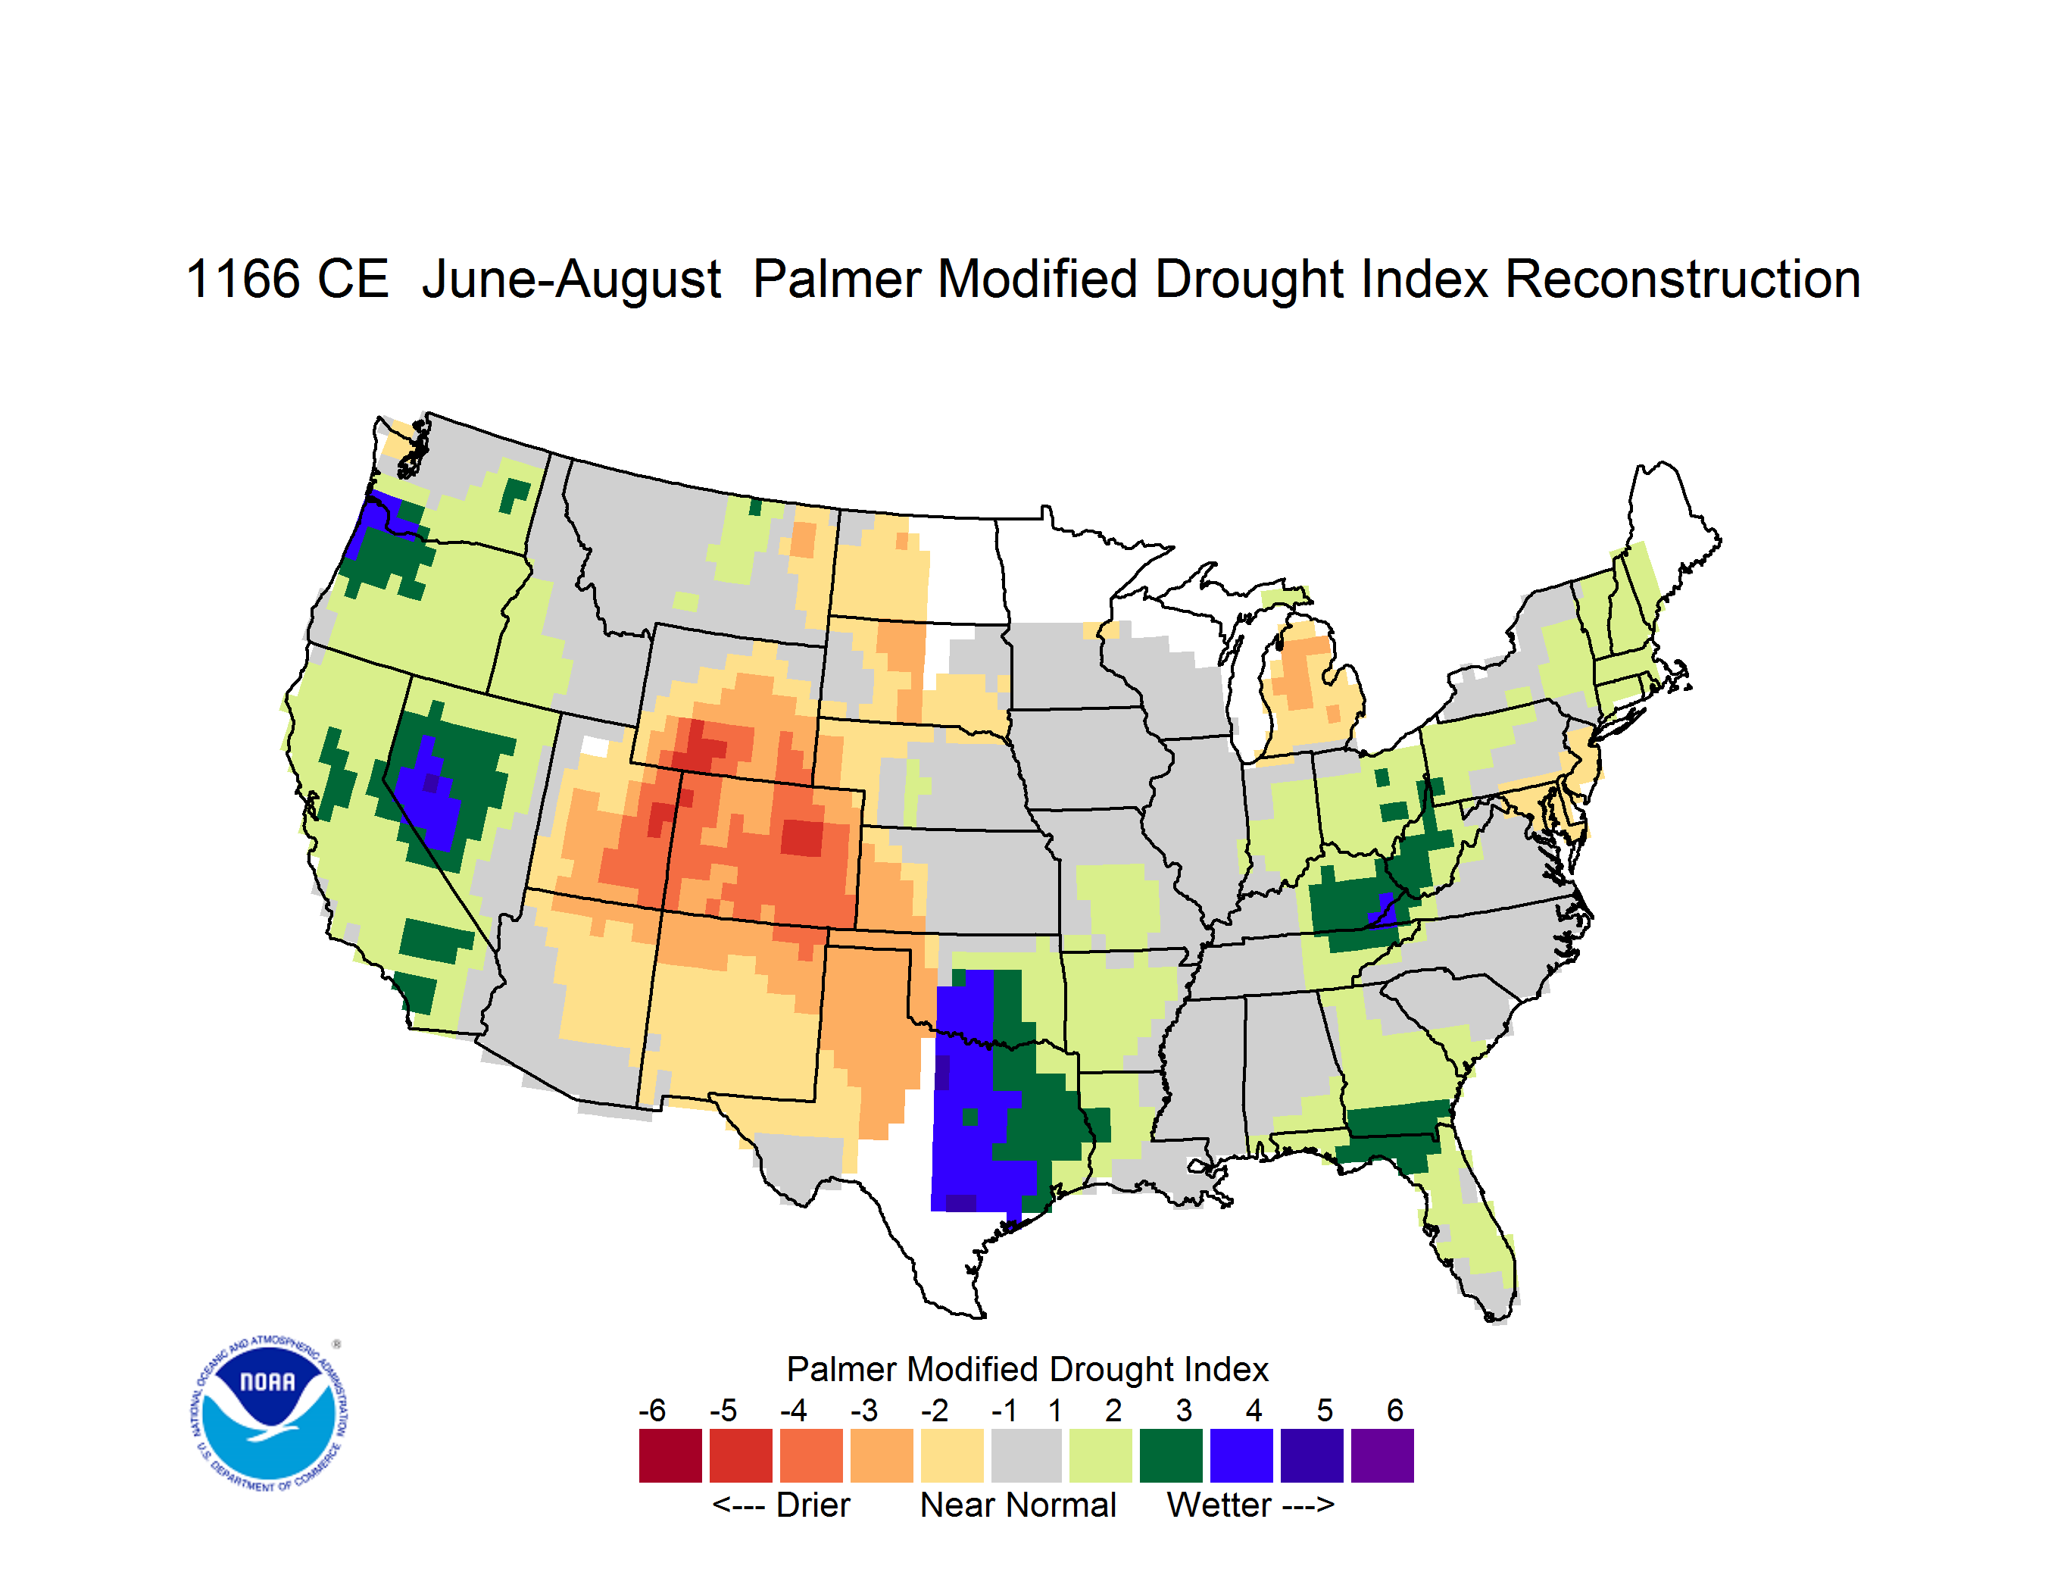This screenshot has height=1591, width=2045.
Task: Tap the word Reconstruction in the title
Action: tap(1681, 279)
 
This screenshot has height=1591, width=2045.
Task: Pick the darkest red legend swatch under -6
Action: tap(670, 1455)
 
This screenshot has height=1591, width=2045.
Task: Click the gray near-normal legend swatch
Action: tap(1026, 1455)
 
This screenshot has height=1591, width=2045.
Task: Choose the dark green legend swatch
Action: tap(1170, 1455)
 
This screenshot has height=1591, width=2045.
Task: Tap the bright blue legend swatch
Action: tap(1241, 1455)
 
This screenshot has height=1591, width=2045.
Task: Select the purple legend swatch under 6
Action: tap(1382, 1455)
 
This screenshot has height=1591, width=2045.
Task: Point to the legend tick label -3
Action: tap(863, 1410)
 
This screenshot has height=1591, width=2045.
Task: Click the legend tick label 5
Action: tap(1324, 1410)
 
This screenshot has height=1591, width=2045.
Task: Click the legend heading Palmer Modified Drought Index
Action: tap(1027, 1369)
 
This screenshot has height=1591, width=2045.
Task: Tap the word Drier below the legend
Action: tap(813, 1505)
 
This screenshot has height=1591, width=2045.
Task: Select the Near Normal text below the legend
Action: tap(1018, 1505)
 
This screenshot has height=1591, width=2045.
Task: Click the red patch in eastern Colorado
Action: tap(802, 837)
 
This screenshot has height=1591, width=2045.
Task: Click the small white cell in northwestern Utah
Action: tap(595, 746)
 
